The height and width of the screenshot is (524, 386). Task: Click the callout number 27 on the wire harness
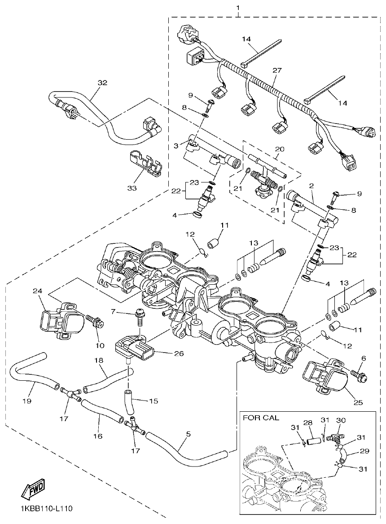277,70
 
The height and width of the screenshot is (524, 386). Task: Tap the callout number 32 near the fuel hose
103,83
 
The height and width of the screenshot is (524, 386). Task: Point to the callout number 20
280,149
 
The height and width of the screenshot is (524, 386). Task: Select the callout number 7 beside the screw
114,311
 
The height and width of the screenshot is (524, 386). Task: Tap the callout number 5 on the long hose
188,434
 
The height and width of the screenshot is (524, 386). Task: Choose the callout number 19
26,401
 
